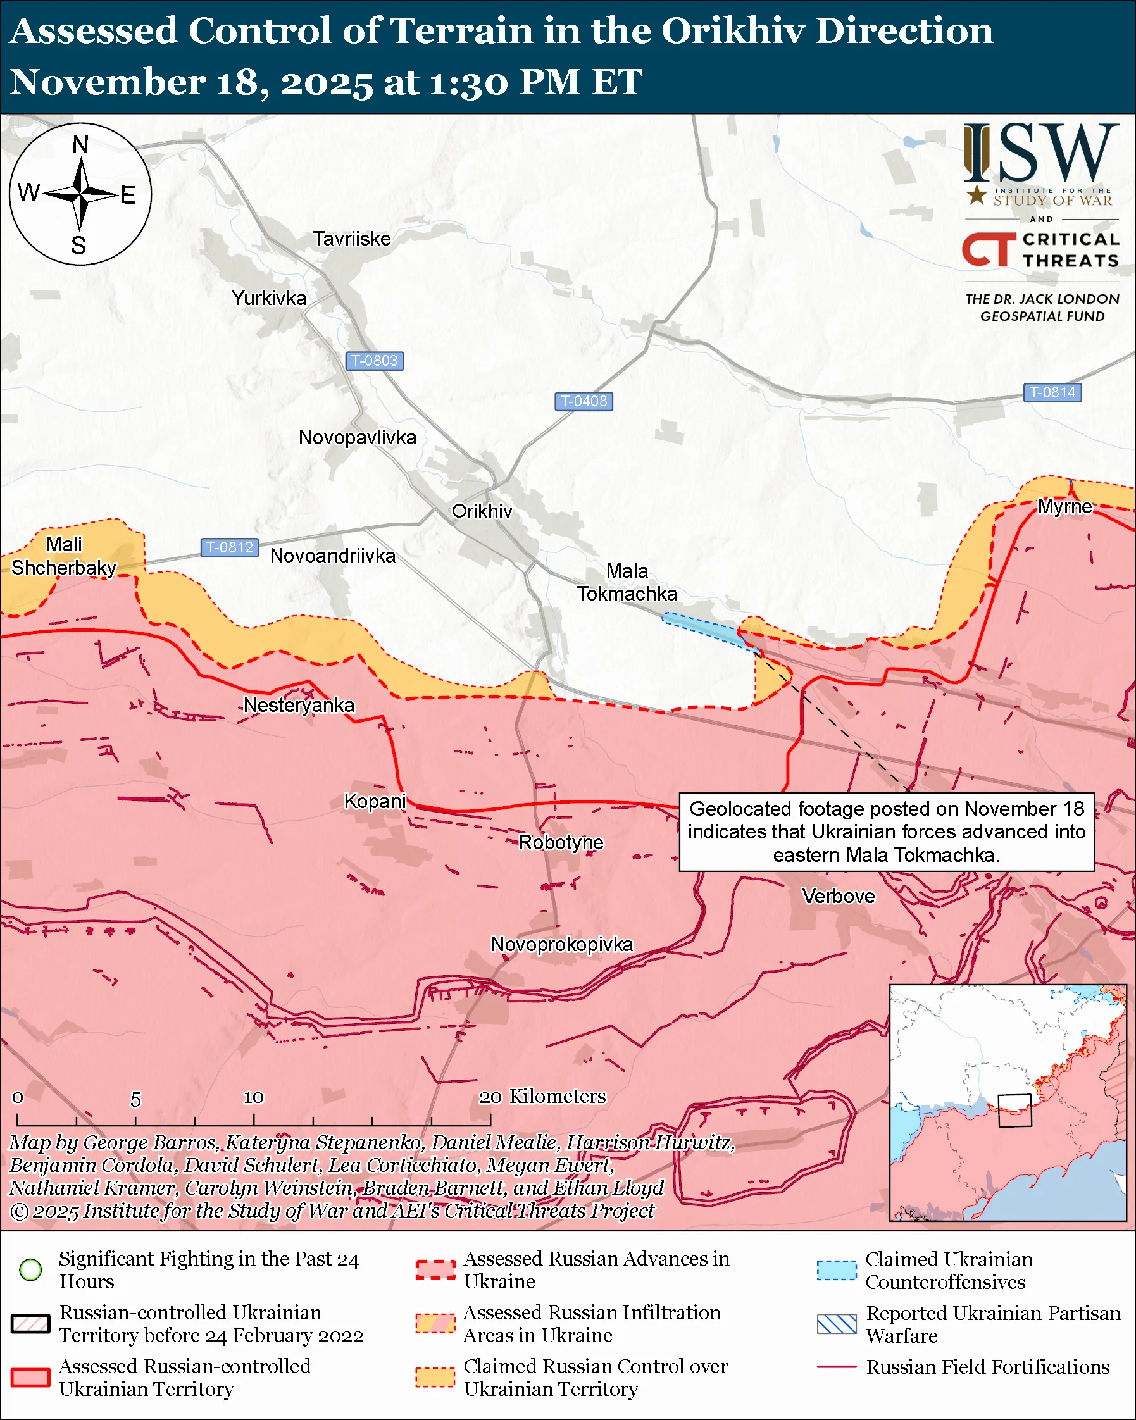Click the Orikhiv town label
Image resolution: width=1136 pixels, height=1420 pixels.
[482, 511]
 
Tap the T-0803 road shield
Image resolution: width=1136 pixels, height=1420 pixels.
[374, 361]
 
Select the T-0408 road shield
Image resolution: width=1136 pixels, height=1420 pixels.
[584, 401]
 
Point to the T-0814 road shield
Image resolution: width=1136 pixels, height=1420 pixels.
[1052, 392]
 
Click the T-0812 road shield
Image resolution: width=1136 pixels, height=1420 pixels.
[229, 547]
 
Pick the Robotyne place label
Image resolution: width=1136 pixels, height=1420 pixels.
[561, 842]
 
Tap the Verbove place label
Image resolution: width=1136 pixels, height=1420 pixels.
[839, 897]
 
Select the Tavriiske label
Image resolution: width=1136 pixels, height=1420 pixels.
[352, 239]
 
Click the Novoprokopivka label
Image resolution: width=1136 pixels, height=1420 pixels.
[562, 945]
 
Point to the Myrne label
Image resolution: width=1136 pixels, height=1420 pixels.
[1065, 506]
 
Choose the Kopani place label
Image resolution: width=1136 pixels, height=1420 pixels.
[375, 802]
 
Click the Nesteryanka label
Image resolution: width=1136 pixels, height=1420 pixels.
[299, 706]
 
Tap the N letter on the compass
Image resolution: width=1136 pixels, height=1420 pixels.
[80, 145]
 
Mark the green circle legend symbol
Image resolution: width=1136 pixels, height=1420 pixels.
[31, 1269]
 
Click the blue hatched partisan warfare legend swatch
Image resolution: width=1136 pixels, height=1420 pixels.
[837, 1324]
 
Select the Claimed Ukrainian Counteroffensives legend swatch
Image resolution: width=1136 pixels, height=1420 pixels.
[837, 1270]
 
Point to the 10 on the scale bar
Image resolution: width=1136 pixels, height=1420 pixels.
[254, 1097]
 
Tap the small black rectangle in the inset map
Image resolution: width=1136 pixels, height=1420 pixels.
[1014, 1111]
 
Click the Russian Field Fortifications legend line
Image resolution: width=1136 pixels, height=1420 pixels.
[837, 1367]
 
